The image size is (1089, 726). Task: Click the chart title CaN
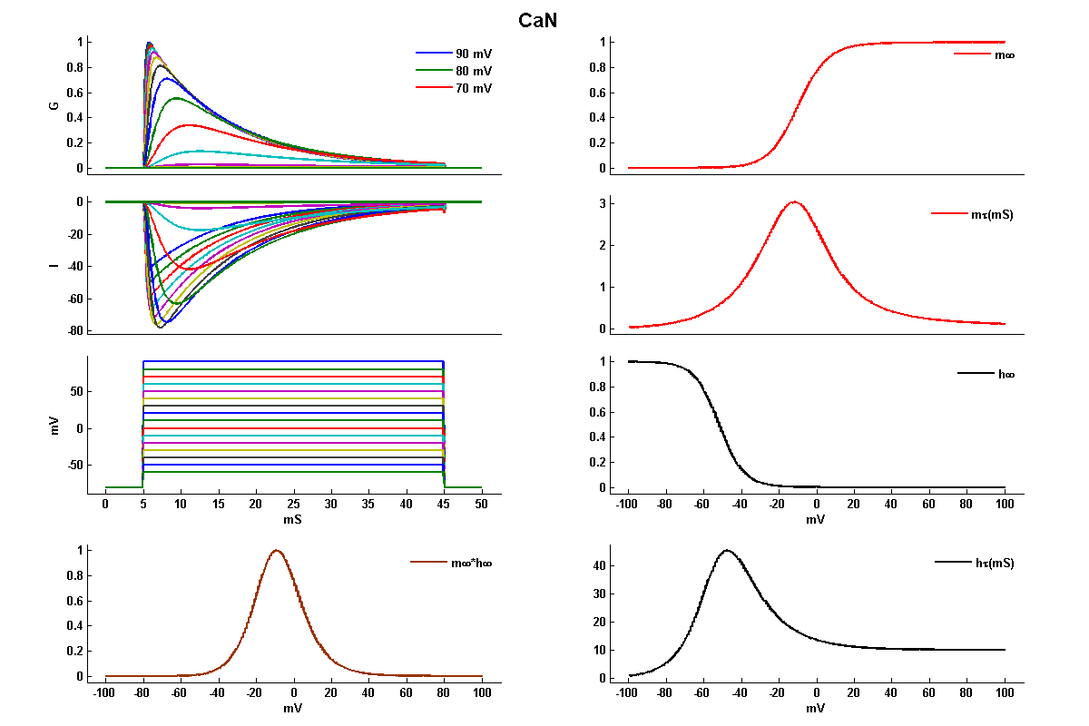tap(537, 20)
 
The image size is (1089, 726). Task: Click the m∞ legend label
tap(1005, 55)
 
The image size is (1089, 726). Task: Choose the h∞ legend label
tap(1005, 374)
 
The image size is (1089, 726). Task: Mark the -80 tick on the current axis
tap(75, 331)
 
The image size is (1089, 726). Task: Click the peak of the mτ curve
tap(794, 202)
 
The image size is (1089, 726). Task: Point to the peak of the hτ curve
tap(727, 550)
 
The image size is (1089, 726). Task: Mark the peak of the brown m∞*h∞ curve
tap(276, 550)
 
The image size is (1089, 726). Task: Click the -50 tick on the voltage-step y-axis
tap(75, 465)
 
